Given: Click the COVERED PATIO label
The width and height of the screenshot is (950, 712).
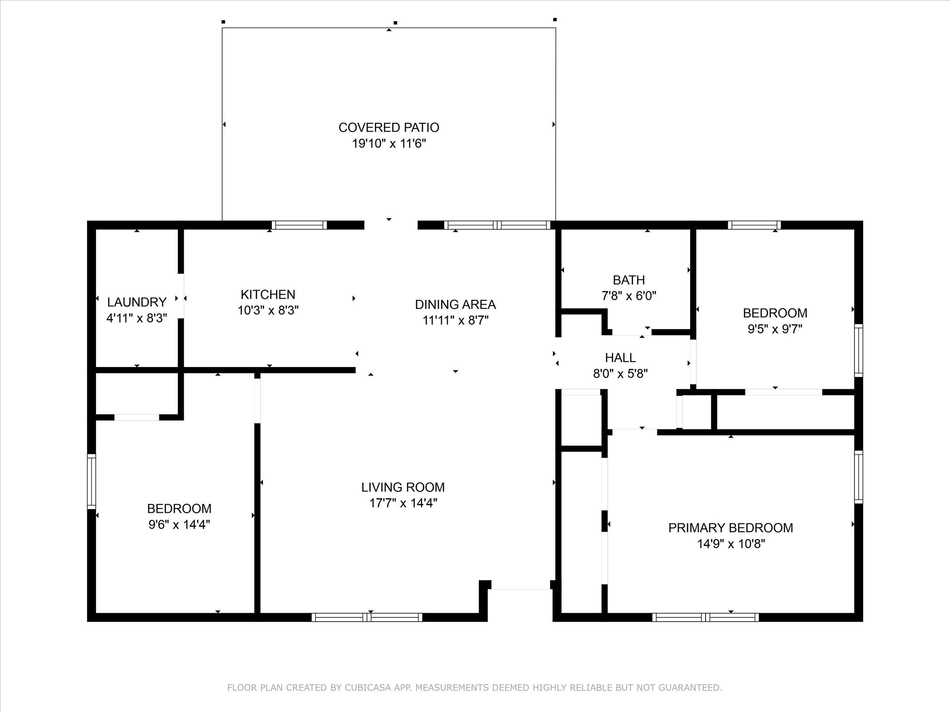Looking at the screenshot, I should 389,127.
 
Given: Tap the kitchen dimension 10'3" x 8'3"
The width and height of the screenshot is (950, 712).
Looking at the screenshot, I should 268,311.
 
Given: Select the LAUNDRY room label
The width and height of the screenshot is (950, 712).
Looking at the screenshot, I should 136,302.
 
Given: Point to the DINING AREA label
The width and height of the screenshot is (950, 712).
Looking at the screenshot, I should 455,305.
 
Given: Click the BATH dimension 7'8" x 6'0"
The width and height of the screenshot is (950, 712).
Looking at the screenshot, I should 629,296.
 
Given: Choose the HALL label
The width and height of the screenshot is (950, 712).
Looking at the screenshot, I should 620,358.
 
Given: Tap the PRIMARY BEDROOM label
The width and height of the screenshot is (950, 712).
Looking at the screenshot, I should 730,528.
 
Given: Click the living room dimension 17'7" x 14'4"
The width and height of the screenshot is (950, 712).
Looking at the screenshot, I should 403,503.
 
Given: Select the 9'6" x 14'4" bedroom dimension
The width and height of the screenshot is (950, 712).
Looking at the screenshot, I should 179,525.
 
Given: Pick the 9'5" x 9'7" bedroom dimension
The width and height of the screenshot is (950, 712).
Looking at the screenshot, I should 775,329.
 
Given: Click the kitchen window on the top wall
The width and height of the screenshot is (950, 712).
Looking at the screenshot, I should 299,225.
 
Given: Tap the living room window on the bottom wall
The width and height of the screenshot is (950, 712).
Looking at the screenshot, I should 367,617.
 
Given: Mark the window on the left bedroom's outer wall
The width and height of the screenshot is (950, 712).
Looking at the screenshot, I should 91,482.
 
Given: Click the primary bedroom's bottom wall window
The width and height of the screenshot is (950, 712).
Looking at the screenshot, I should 705,617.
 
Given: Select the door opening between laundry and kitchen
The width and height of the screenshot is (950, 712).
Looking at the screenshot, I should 181,296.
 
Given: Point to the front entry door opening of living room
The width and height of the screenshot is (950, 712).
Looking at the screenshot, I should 520,586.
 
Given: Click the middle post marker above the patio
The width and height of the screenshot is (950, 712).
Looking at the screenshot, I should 395,22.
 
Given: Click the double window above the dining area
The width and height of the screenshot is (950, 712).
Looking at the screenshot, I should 497,225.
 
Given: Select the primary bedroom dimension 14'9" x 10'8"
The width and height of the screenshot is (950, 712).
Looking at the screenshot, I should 731,544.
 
